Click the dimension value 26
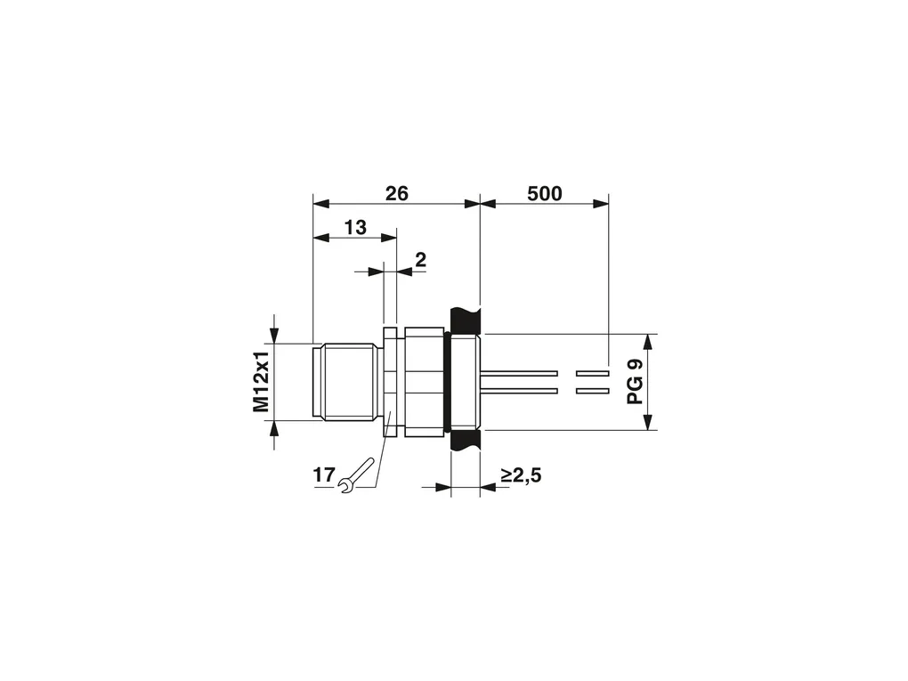(397, 193)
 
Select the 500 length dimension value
(544, 193)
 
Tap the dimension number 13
(355, 228)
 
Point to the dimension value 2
(421, 260)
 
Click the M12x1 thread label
(262, 382)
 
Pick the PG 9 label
(636, 382)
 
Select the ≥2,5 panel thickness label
(521, 475)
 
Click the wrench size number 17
(324, 474)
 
